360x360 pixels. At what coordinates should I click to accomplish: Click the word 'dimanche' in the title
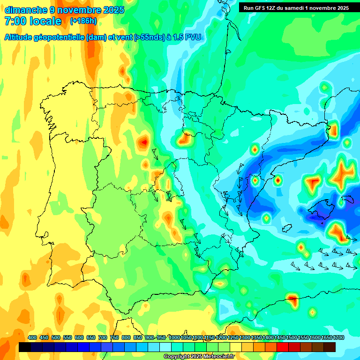(26, 10)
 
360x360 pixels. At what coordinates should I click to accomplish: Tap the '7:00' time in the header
(15, 21)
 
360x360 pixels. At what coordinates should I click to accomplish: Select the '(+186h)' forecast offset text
(83, 21)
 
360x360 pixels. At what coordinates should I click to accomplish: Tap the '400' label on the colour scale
(32, 337)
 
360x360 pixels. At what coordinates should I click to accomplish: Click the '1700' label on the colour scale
(338, 337)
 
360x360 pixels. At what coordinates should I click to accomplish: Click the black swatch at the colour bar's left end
(25, 347)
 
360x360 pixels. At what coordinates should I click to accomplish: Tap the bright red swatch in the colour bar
(283, 347)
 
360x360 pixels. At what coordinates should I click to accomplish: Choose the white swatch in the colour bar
(165, 347)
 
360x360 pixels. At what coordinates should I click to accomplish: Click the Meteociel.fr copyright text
(199, 357)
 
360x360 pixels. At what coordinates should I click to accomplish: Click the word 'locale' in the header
(46, 21)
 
